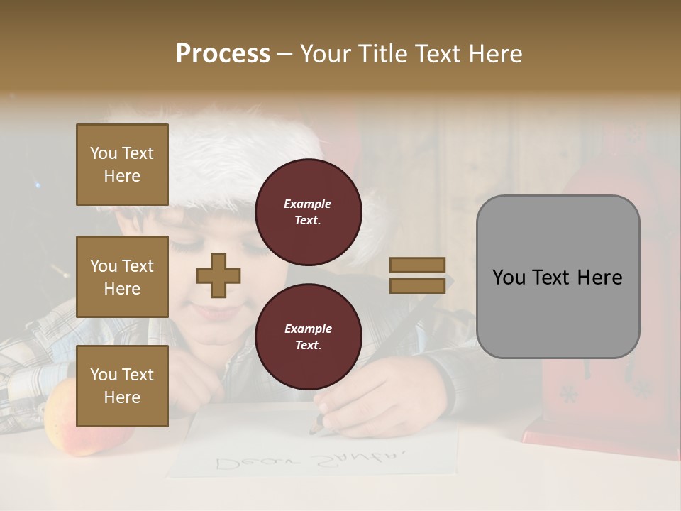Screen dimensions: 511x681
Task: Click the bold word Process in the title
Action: click(x=223, y=54)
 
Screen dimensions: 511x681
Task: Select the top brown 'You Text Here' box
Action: click(x=122, y=165)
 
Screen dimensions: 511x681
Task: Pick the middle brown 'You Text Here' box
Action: click(x=122, y=277)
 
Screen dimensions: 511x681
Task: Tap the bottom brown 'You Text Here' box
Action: click(x=122, y=386)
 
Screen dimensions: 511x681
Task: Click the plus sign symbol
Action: click(x=218, y=275)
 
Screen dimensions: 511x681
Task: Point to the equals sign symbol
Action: click(x=417, y=275)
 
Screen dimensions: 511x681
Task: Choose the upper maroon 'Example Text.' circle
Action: click(x=308, y=211)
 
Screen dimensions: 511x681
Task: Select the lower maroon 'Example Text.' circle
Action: click(x=308, y=336)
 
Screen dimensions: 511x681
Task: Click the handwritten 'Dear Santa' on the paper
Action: click(x=311, y=459)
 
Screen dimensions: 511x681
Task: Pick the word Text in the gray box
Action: click(x=557, y=278)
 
